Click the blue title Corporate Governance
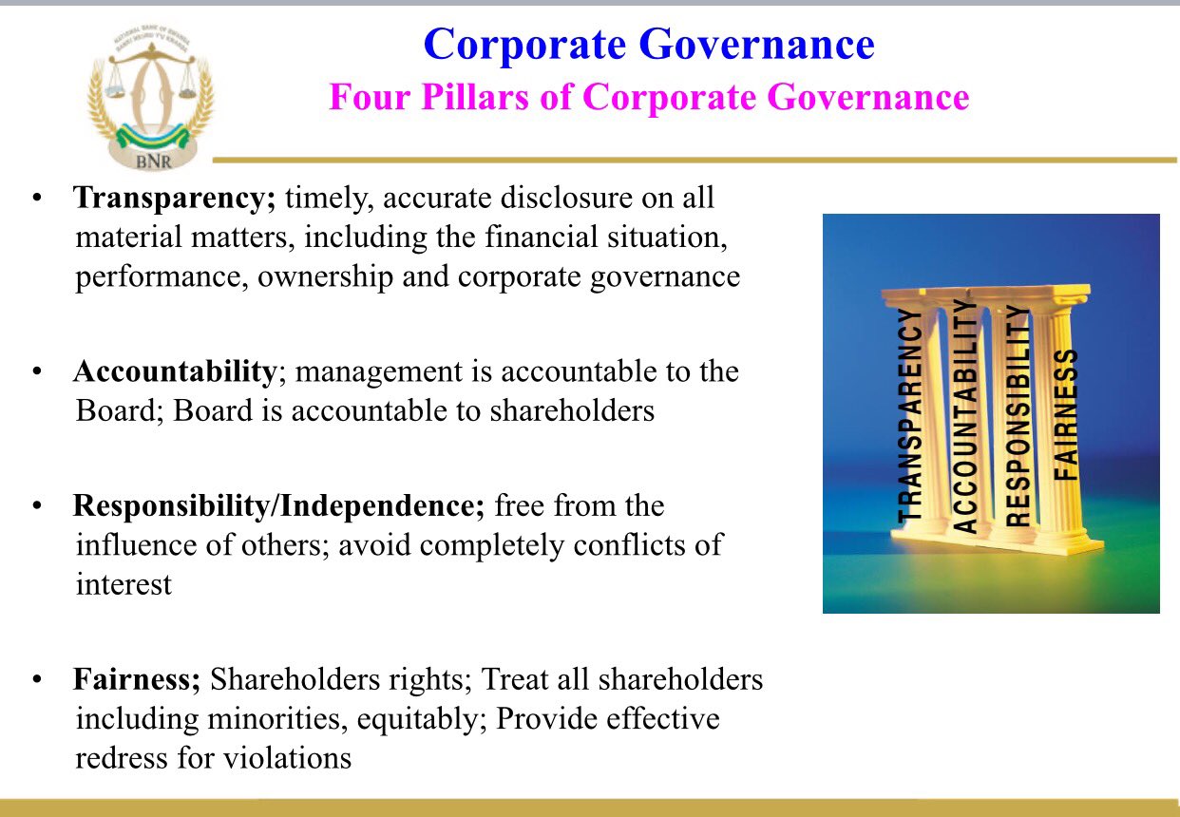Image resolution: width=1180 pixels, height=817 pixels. click(649, 44)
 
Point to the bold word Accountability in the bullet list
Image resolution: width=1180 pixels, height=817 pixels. click(175, 370)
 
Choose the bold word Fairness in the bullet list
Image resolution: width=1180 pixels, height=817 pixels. click(137, 680)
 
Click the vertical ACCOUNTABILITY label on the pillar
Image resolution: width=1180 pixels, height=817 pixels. click(964, 416)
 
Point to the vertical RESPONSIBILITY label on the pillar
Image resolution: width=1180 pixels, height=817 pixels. click(1017, 415)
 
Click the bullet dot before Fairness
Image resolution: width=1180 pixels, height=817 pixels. click(36, 681)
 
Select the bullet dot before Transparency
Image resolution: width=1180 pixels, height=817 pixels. click(36, 199)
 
